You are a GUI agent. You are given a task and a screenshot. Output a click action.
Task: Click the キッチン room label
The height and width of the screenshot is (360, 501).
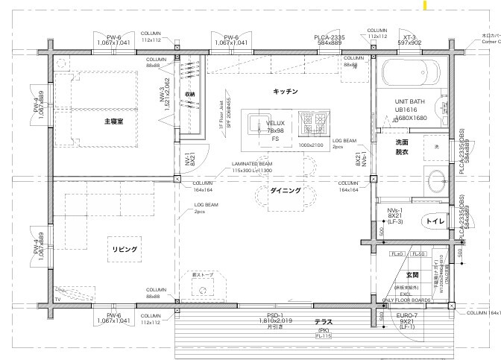click(286, 91)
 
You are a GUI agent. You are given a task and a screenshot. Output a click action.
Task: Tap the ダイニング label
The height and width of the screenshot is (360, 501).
click(286, 191)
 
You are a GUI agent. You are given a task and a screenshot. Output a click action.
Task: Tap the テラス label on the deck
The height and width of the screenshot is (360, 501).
click(323, 321)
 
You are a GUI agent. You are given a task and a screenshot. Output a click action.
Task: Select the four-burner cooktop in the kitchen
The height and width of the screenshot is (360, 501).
click(311, 119)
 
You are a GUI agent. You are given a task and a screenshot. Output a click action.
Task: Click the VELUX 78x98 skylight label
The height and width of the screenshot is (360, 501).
click(275, 127)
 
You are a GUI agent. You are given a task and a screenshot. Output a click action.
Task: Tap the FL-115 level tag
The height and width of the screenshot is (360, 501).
click(323, 336)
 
